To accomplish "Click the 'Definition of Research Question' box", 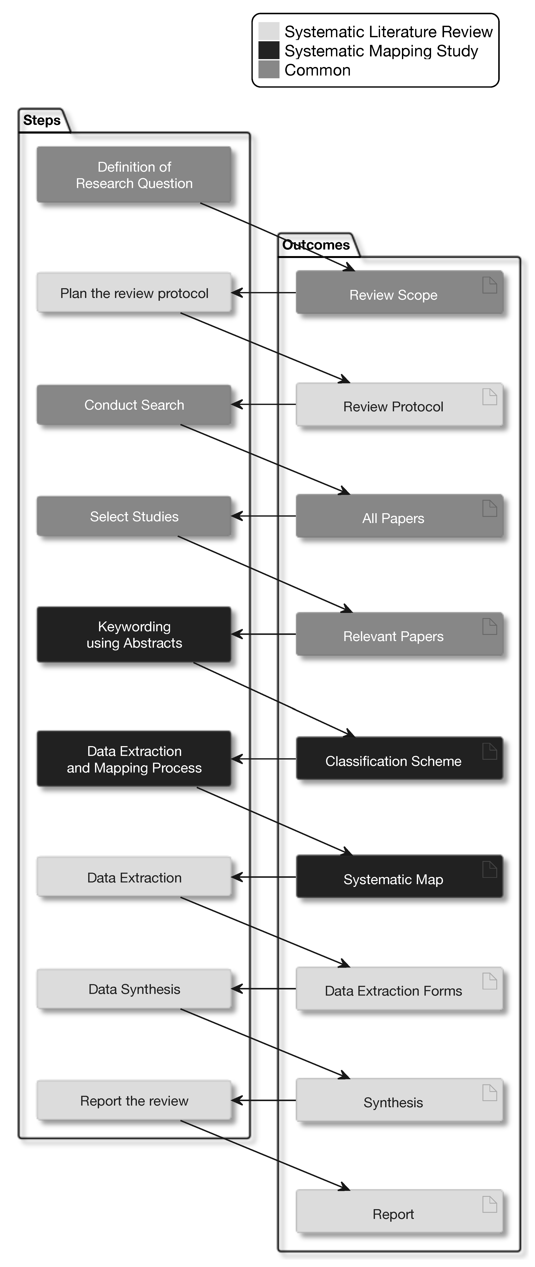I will point(134,175).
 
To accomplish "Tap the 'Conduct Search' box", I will point(134,405).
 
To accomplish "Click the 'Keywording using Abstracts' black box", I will point(134,634).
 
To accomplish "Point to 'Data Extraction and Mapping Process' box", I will point(134,759).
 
